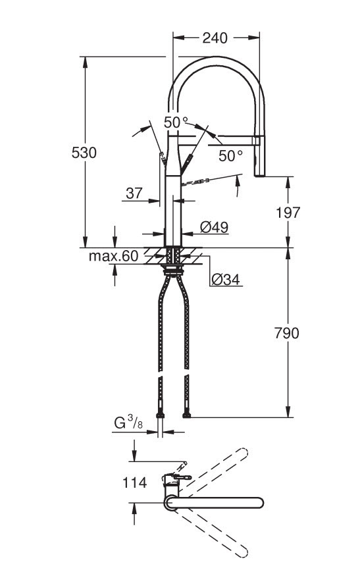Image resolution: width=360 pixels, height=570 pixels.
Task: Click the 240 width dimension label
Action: [215, 38]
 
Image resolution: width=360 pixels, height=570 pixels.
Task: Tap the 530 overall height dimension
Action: [84, 153]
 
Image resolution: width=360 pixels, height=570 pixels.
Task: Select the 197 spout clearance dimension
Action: [288, 213]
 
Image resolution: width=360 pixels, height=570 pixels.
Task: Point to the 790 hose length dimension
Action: [287, 333]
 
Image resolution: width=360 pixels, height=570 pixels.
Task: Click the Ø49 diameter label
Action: [214, 228]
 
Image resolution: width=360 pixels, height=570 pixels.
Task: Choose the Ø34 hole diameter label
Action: [226, 279]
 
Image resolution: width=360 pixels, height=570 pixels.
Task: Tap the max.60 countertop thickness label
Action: [113, 256]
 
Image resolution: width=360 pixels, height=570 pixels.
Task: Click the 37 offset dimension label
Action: [134, 194]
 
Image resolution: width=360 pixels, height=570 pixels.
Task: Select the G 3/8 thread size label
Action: [128, 423]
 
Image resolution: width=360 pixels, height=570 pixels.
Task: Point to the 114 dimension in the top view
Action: [134, 482]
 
